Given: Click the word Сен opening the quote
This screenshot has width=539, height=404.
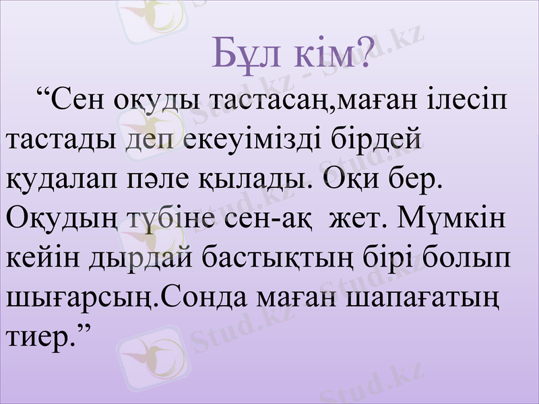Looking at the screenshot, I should click(80, 102).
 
